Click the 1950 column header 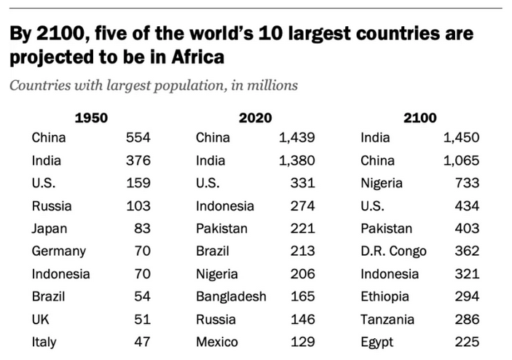click(x=91, y=117)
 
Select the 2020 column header click(x=255, y=117)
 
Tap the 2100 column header click(x=420, y=117)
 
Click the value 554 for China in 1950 click(x=138, y=138)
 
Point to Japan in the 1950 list click(x=49, y=228)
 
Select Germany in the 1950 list click(x=58, y=251)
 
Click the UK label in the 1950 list click(x=42, y=318)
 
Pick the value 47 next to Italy click(x=142, y=341)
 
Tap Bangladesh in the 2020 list click(x=231, y=296)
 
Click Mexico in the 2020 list click(x=218, y=341)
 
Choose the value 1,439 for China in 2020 click(x=296, y=138)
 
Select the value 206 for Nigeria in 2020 click(x=302, y=273)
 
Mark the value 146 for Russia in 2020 click(x=302, y=318)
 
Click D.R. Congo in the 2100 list click(x=393, y=251)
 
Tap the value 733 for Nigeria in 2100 click(x=467, y=183)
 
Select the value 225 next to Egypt click(x=467, y=341)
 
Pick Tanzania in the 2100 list click(x=387, y=318)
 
